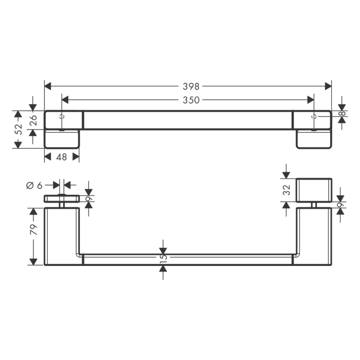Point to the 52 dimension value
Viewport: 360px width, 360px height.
(18, 130)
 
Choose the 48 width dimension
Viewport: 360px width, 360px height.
(61, 157)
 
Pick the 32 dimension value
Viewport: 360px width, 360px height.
(287, 189)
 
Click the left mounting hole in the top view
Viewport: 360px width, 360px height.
(62, 117)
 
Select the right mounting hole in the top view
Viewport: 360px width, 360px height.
(313, 117)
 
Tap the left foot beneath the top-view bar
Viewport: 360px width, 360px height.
(62, 139)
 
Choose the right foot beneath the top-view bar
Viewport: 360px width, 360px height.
(313, 139)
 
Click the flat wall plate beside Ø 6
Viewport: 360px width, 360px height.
(61, 198)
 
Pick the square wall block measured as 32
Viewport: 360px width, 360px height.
(314, 190)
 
